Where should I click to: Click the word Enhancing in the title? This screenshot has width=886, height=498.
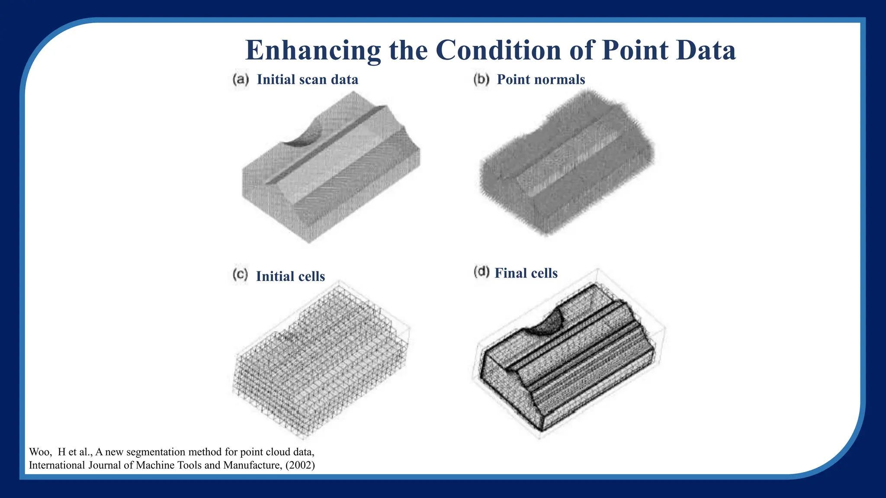pos(313,51)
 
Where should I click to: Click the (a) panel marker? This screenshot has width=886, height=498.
pos(241,80)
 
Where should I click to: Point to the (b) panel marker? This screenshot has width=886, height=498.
pos(481,80)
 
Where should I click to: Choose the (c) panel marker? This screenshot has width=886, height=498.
pos(240,275)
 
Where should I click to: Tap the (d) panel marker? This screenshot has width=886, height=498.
pos(481,272)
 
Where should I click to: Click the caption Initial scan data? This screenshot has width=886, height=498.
pos(307,80)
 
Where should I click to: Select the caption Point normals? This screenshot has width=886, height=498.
pos(541,80)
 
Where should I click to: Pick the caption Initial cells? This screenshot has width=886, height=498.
pos(290,276)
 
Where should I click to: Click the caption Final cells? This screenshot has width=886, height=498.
pos(526,273)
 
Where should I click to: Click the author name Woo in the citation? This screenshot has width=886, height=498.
pos(38,452)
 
